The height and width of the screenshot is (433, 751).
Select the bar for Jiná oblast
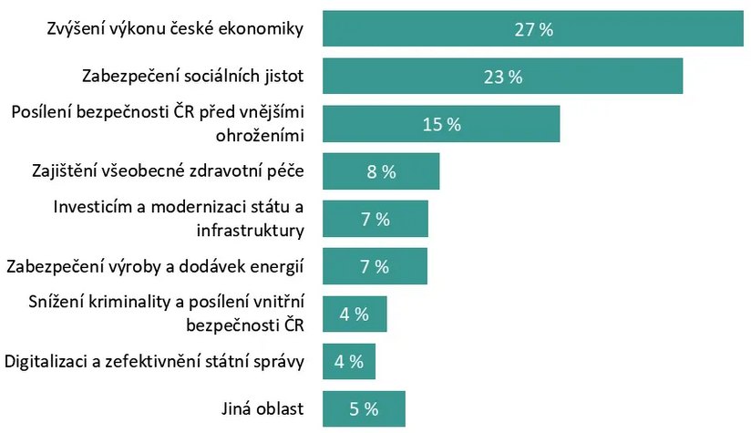(342, 408)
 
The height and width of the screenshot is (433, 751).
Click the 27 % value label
(534, 29)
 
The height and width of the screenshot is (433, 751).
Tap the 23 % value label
(503, 77)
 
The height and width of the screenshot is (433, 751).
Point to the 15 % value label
(442, 124)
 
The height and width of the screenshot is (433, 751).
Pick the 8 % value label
(381, 171)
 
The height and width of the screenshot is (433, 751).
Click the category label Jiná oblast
(264, 408)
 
